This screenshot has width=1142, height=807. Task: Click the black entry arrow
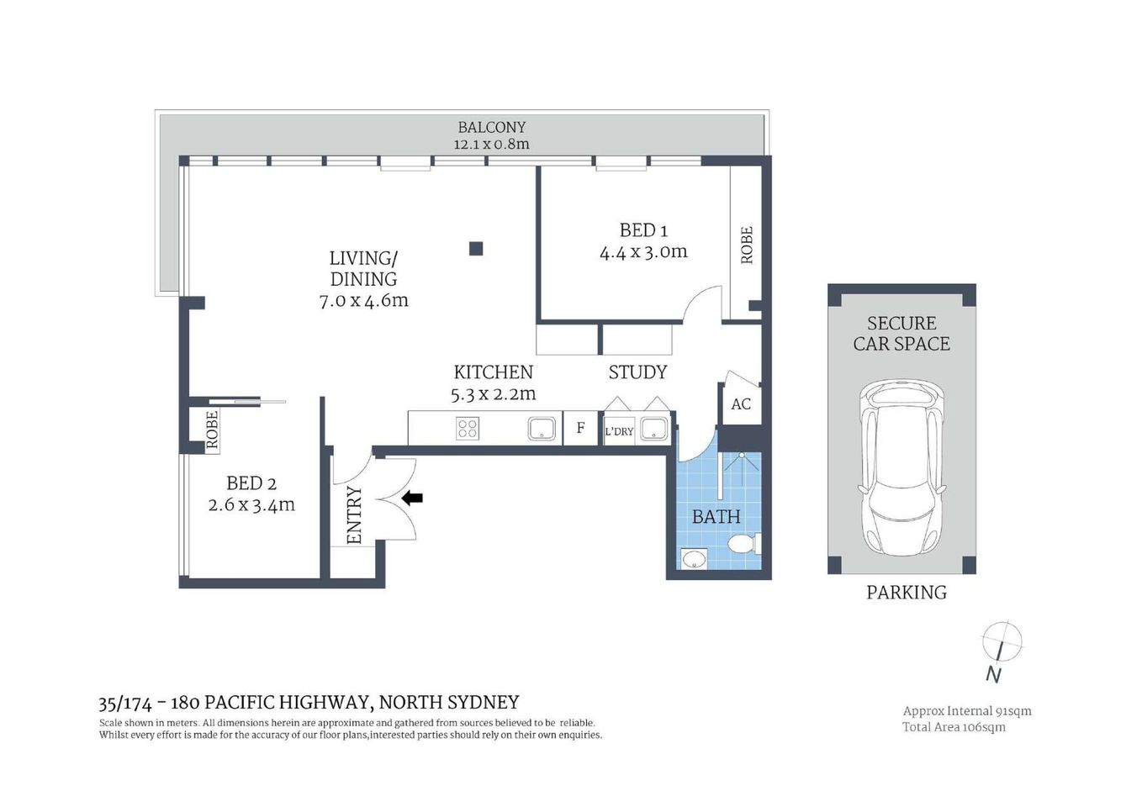click(412, 498)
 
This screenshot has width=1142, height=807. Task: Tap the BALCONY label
click(491, 127)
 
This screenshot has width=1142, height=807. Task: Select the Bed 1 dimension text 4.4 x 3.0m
click(643, 251)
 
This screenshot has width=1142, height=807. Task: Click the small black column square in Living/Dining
click(476, 248)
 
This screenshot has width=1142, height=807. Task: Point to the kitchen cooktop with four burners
click(468, 429)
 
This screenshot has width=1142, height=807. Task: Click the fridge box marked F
click(580, 429)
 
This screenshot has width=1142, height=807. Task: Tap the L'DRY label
click(619, 431)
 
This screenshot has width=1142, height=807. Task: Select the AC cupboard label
click(740, 404)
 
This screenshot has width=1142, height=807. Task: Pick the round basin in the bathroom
click(694, 558)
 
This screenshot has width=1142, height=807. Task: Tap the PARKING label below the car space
click(906, 593)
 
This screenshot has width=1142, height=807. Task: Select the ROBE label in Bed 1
click(746, 245)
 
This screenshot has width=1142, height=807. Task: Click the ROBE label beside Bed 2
click(212, 430)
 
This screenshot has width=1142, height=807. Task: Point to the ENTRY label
click(354, 515)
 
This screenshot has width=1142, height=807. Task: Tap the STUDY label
click(637, 372)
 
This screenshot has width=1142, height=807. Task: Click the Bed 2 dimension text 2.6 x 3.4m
click(251, 505)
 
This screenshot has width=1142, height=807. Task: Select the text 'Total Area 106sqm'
click(954, 727)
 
